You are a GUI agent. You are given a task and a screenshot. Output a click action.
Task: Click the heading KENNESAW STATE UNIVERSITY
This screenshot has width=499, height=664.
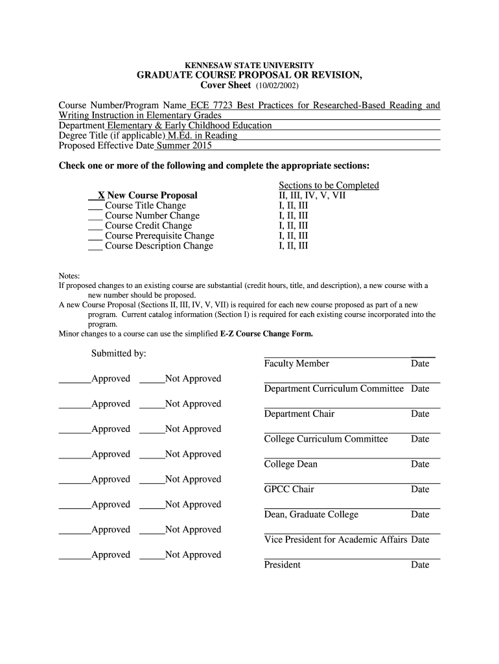click(x=250, y=65)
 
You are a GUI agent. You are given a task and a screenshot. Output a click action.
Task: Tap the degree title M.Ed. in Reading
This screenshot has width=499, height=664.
click(x=202, y=136)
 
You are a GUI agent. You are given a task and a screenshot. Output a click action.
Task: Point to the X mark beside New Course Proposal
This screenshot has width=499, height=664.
click(x=101, y=195)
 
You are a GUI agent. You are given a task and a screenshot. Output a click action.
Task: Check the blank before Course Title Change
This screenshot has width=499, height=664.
click(x=95, y=206)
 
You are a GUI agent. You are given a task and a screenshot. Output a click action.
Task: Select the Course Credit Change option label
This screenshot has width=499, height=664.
click(x=148, y=226)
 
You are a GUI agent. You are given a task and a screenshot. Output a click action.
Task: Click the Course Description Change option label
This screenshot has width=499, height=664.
click(x=159, y=246)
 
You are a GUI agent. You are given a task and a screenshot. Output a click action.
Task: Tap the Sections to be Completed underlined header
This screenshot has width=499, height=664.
click(x=329, y=185)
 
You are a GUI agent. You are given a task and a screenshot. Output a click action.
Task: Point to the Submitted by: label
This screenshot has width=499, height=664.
click(x=119, y=353)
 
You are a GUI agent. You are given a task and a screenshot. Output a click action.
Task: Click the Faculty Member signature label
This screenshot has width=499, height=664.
click(x=296, y=364)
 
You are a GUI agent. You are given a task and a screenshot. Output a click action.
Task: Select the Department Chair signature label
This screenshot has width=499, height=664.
click(x=299, y=414)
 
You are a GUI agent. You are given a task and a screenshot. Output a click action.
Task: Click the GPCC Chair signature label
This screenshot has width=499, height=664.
click(x=288, y=489)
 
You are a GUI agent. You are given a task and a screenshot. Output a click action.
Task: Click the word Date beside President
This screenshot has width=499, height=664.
click(x=420, y=565)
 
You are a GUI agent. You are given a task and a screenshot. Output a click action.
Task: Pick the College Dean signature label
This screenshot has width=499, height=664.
click(x=290, y=464)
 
